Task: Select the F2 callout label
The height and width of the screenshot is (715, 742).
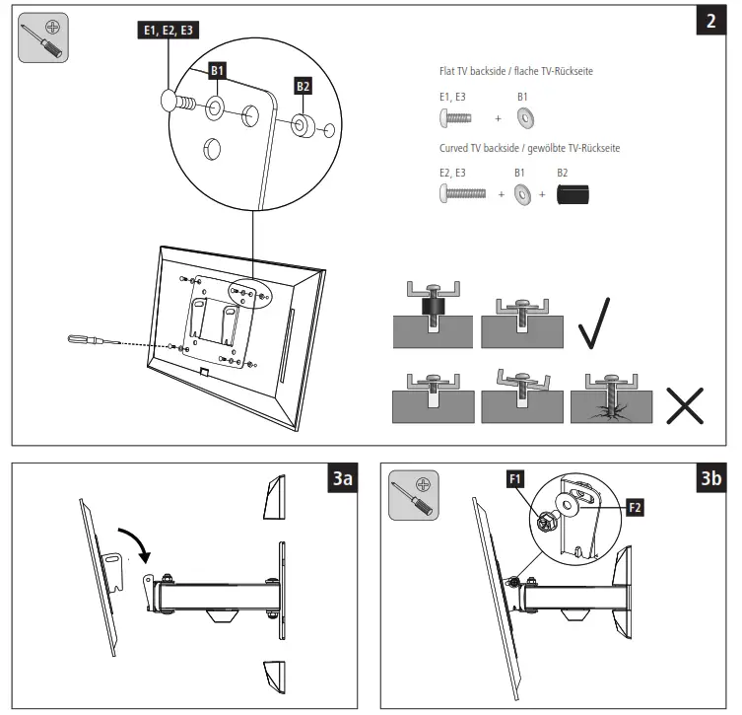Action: [635, 507]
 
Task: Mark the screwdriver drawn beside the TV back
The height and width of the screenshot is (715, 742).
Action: [87, 340]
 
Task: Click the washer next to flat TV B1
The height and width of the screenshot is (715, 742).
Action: [525, 118]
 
